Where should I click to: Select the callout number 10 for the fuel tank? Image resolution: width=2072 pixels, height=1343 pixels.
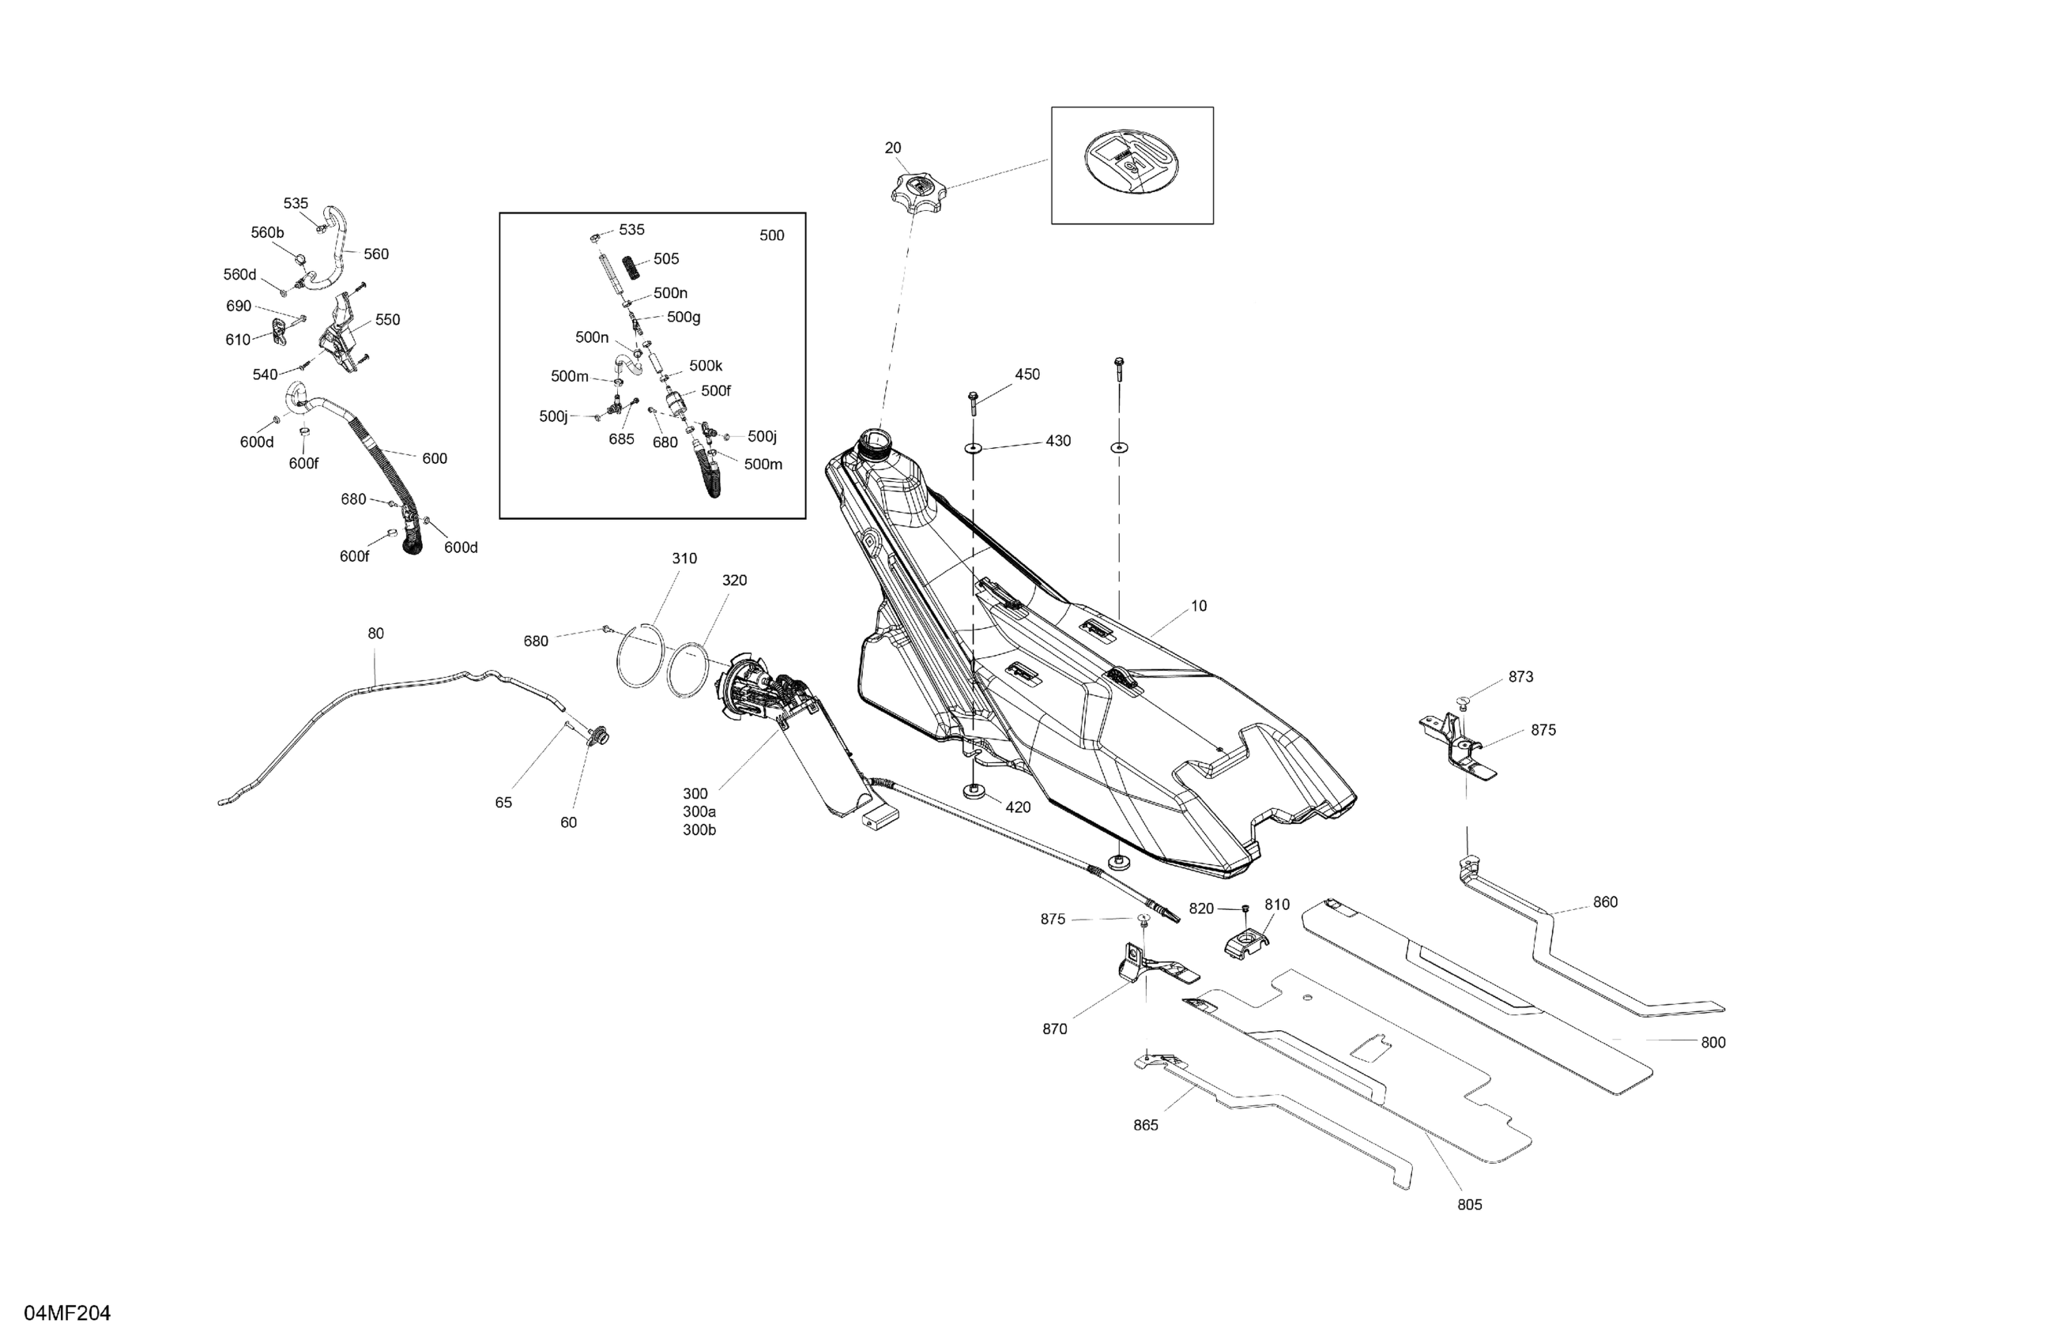point(1199,606)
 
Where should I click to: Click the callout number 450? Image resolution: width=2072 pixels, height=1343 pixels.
point(1027,374)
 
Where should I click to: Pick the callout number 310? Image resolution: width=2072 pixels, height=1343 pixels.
point(684,559)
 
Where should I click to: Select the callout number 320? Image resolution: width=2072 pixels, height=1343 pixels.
point(734,581)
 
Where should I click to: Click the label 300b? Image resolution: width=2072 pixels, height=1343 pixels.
point(699,830)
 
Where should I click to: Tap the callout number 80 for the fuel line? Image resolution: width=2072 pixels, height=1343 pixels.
point(375,634)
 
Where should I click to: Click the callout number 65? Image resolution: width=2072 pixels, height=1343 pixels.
point(503,803)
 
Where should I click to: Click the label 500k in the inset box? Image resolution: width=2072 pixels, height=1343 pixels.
point(705,367)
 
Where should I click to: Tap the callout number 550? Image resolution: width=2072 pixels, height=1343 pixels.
point(387,320)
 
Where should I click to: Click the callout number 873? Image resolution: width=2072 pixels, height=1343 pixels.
point(1521,677)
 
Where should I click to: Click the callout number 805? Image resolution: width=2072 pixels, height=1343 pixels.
point(1470,1205)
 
